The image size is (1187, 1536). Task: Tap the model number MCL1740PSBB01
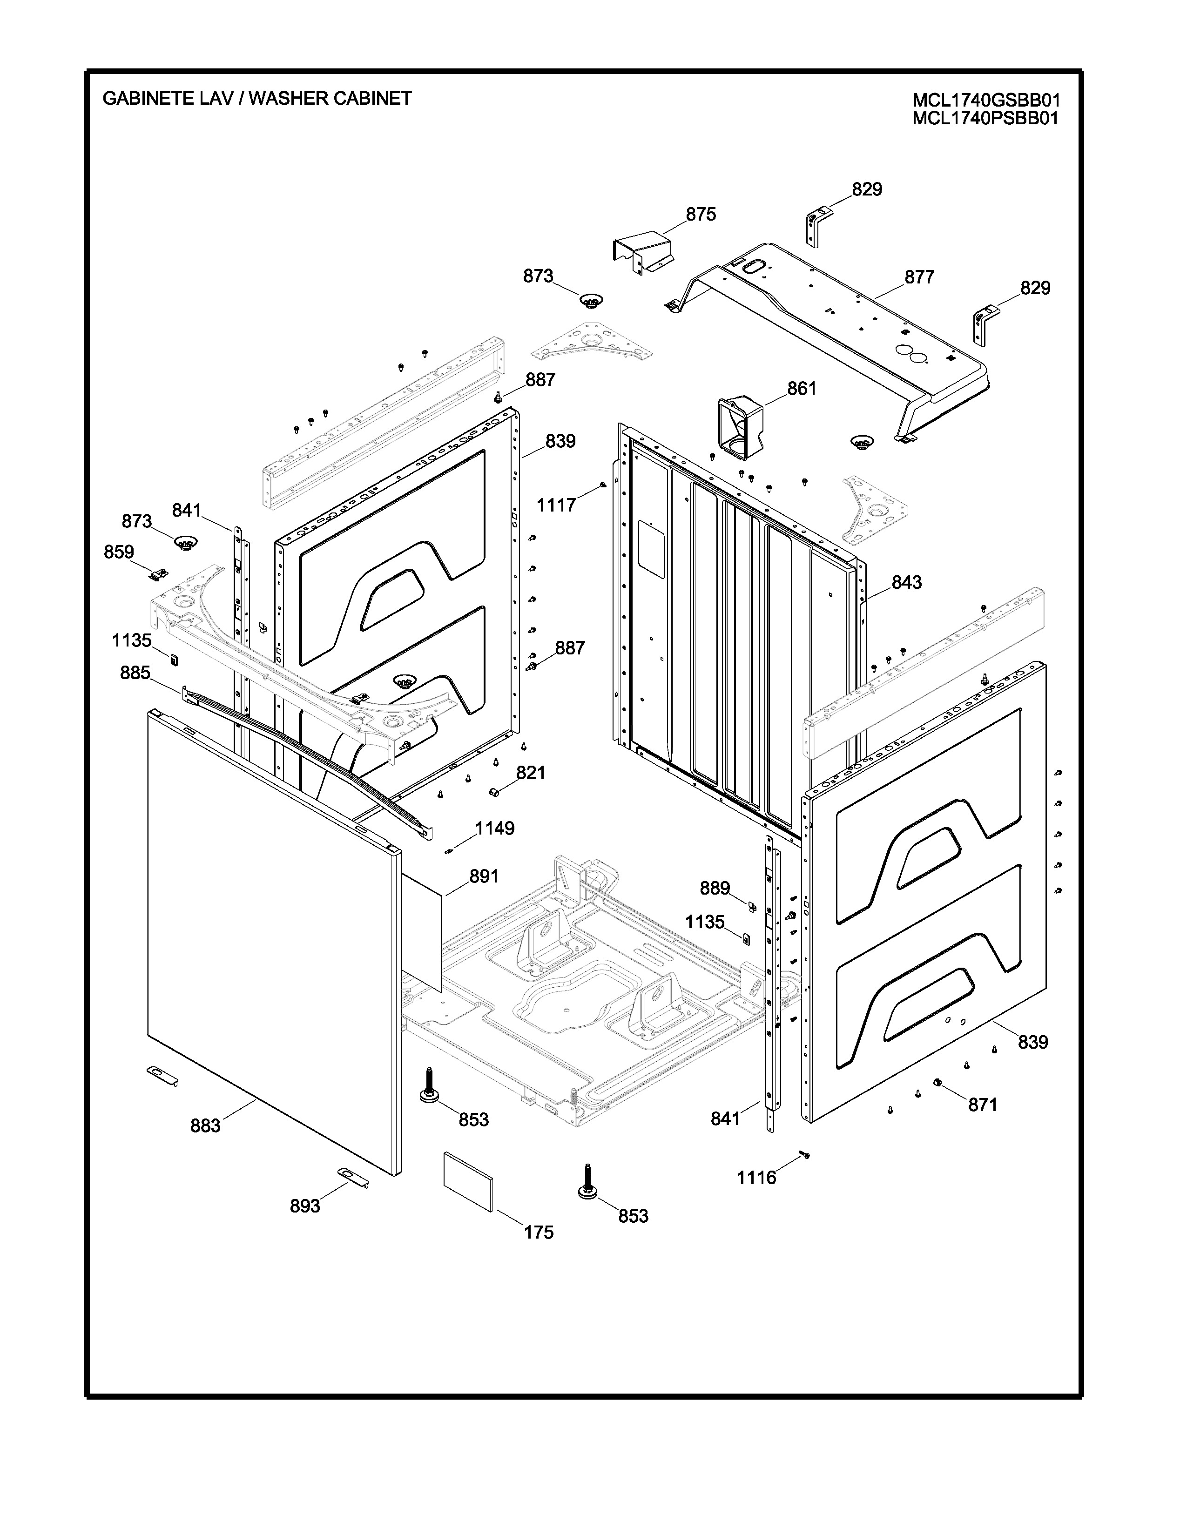(985, 118)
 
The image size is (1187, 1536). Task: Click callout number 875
(701, 215)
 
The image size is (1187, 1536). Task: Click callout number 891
(484, 876)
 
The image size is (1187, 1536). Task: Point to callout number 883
(205, 1126)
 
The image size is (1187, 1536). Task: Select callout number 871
(982, 1105)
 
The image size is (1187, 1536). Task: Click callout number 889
(715, 888)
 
